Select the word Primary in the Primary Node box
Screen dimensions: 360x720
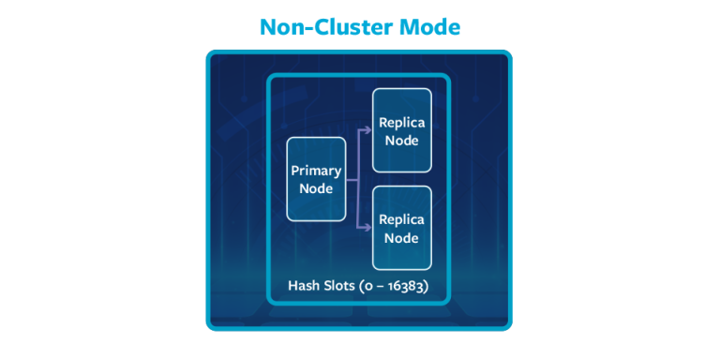click(x=316, y=171)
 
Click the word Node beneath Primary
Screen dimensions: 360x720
click(x=316, y=188)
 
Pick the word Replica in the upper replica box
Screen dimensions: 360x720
click(x=401, y=123)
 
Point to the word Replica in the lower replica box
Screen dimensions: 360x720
click(x=401, y=220)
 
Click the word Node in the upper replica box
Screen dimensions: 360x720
click(x=401, y=141)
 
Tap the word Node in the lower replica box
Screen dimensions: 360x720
click(x=401, y=238)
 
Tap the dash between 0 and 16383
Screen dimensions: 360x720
click(x=380, y=287)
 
